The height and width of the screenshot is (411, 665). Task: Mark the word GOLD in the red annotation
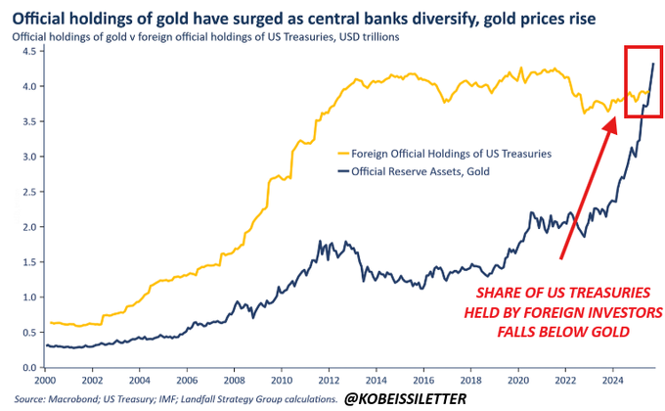(x=601, y=333)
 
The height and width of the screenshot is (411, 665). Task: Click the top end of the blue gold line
(x=652, y=63)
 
